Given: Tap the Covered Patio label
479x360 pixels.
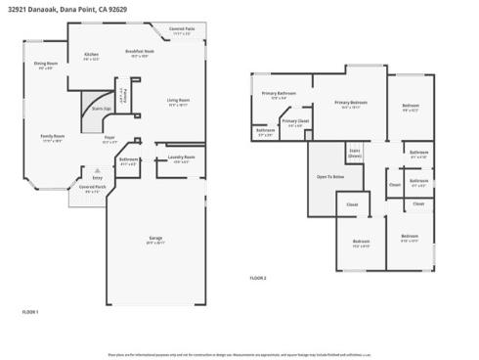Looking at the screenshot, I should coord(182,30).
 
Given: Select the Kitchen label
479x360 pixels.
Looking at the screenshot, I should coord(91,55).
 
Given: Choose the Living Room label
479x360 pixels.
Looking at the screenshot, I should coord(177,101).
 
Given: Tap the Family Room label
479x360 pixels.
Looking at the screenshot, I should coord(52,137).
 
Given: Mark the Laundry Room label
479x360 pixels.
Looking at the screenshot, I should coord(182,157).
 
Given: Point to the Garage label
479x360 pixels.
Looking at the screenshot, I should coord(154,239).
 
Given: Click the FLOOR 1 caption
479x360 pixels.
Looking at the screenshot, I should coord(30,312).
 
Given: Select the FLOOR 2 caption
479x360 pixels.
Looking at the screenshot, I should coord(257,279).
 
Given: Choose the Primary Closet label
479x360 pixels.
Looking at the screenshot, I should coord(295,121).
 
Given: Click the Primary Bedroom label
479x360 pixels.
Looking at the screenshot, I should coord(351,103).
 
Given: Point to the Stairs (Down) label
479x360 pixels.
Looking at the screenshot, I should coord(355,153).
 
